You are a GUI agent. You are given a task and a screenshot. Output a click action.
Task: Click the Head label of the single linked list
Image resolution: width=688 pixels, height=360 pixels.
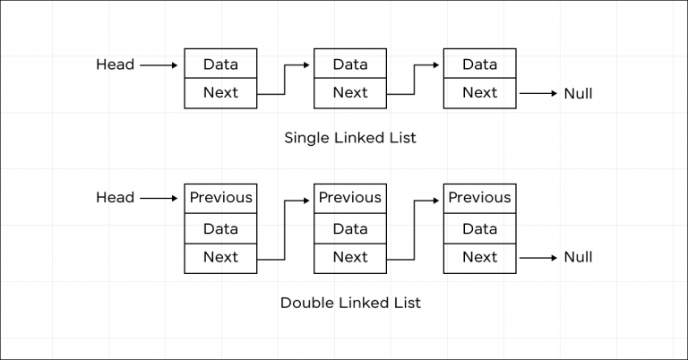click(x=115, y=64)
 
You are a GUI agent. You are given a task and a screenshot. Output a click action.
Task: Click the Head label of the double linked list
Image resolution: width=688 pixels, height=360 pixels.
click(x=115, y=197)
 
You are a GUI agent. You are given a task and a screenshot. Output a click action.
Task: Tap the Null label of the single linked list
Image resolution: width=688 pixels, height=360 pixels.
click(x=578, y=93)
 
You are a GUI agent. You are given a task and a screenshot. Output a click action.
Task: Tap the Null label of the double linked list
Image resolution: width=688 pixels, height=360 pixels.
click(x=578, y=257)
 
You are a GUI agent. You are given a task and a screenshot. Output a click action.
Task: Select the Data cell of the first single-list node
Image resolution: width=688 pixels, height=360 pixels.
click(x=220, y=64)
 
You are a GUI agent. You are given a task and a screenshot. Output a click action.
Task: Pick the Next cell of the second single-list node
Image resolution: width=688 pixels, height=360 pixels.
click(x=350, y=93)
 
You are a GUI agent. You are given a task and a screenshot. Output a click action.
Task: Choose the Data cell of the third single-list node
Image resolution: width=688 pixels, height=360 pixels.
click(x=479, y=64)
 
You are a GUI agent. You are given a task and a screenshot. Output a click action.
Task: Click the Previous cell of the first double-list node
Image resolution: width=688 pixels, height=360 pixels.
click(x=220, y=198)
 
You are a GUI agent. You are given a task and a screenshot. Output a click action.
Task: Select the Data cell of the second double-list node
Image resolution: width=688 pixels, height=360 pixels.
click(x=350, y=228)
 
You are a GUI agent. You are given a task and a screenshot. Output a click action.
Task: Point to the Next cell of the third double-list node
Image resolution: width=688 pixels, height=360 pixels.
click(x=479, y=258)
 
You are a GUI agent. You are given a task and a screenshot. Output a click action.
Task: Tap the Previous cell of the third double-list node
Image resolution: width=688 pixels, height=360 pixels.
click(x=479, y=198)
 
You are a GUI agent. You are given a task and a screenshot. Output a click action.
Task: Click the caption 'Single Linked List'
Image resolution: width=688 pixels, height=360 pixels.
click(x=350, y=138)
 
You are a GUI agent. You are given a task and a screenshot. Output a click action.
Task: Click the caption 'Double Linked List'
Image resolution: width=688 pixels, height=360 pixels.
click(x=350, y=302)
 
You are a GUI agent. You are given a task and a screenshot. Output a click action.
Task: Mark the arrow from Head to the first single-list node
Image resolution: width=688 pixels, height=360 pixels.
click(x=159, y=64)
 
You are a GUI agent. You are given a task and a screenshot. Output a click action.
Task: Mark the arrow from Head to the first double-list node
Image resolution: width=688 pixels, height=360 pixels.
click(x=159, y=197)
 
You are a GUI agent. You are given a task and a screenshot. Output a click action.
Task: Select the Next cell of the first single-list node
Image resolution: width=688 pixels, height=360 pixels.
click(x=220, y=93)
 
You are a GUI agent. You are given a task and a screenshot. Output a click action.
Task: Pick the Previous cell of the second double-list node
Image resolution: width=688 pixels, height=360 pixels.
click(x=350, y=198)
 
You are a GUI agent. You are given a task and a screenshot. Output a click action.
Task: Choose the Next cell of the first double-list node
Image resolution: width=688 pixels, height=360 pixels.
click(x=220, y=258)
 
